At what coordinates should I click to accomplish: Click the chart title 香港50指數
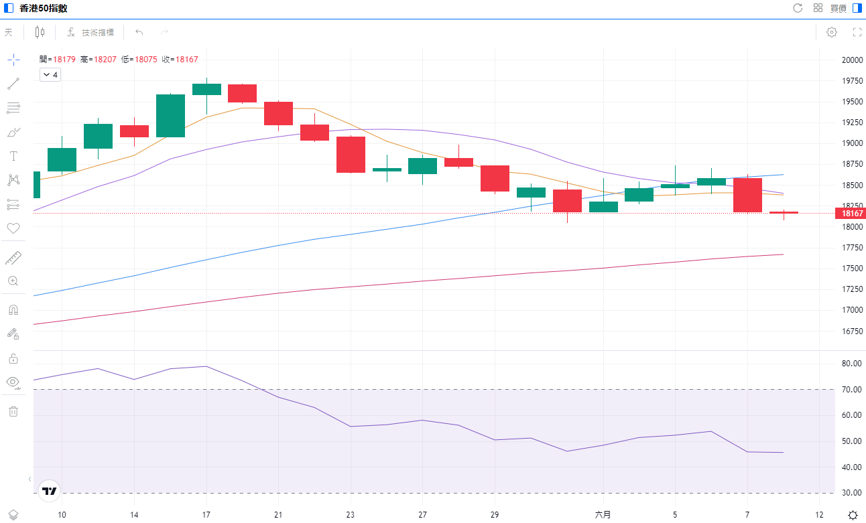point(43,8)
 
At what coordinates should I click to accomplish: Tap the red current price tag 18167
point(850,214)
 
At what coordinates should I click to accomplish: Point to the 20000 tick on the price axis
point(852,60)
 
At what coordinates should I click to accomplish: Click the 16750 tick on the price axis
point(852,331)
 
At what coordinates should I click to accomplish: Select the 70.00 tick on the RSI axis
point(852,389)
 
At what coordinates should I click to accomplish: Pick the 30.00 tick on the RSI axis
point(852,493)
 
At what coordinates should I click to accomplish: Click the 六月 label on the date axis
point(603,515)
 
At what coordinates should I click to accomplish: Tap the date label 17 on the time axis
point(206,515)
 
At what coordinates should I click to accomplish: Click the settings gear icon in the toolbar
point(832,32)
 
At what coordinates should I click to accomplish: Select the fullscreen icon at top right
point(857,32)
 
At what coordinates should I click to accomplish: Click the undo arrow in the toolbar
point(139,32)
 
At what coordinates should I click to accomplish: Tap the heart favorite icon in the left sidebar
point(13,228)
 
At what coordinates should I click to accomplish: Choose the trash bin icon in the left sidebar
point(13,411)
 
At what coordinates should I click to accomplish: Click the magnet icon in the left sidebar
point(13,310)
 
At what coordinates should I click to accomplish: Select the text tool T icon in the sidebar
point(13,156)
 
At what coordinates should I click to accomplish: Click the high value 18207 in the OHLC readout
point(105,60)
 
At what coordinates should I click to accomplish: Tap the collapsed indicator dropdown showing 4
point(50,75)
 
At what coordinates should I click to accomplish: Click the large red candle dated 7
point(747,195)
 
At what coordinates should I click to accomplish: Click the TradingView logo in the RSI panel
point(50,491)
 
